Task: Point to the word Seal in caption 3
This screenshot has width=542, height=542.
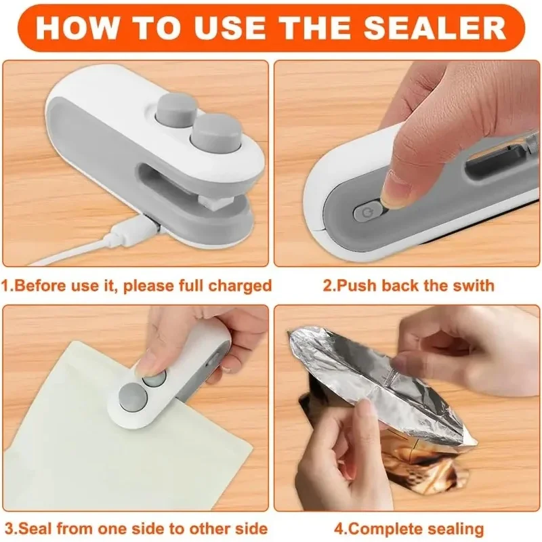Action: point(38,529)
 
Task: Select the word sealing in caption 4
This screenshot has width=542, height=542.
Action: point(456,530)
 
